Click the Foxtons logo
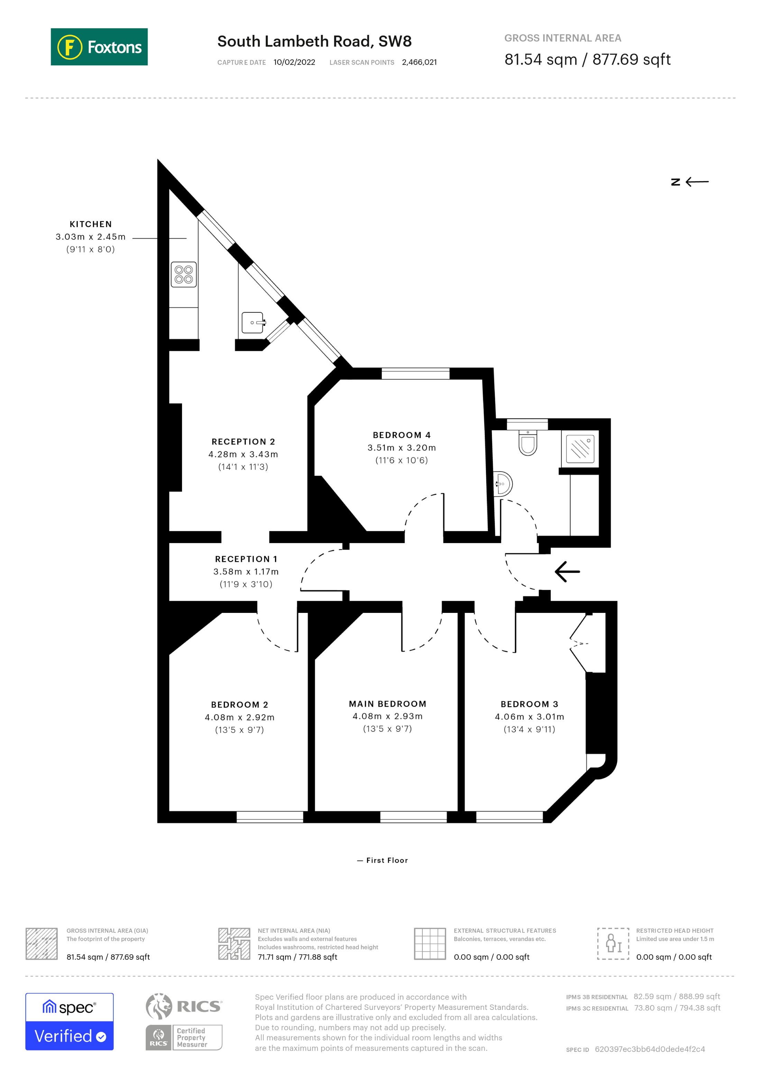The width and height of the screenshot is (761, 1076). click(x=99, y=47)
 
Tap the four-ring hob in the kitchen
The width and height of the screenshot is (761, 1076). click(x=184, y=275)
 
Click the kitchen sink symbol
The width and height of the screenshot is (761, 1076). click(x=253, y=322)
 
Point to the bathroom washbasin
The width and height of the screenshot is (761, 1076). click(x=503, y=484)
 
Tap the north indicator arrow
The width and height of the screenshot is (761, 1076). click(x=697, y=182)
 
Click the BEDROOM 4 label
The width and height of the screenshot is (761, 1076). click(x=402, y=435)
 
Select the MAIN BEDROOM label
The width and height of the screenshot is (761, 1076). click(x=387, y=704)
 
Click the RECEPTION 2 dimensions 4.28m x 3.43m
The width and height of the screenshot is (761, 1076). click(x=243, y=454)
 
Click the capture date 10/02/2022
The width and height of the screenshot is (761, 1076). click(x=294, y=62)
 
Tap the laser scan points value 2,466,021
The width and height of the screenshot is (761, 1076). click(x=419, y=62)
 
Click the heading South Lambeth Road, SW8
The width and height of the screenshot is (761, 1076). click(x=314, y=41)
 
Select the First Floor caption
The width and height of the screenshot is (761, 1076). click(x=387, y=861)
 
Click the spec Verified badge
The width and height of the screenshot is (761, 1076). click(x=69, y=1022)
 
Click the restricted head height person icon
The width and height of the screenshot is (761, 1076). click(x=613, y=944)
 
